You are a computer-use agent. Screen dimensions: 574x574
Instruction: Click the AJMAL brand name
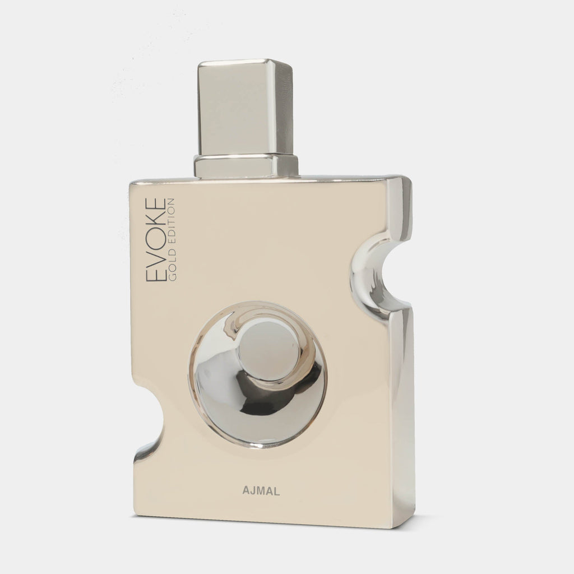(261, 491)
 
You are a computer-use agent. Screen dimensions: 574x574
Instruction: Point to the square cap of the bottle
(246, 107)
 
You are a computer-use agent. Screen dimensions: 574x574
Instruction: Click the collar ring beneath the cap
(246, 166)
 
